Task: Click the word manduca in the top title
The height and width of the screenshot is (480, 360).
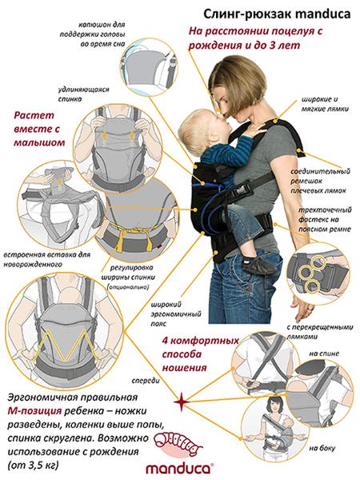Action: (x=319, y=14)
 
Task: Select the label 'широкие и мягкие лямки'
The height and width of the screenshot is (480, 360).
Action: (x=325, y=104)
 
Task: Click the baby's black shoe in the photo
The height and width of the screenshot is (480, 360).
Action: (x=258, y=266)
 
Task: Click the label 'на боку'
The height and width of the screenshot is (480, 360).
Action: (x=322, y=448)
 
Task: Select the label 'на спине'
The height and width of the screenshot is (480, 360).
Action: (x=324, y=354)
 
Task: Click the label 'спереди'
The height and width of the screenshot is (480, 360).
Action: (x=146, y=381)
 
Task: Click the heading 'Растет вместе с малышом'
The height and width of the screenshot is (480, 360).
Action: (x=39, y=129)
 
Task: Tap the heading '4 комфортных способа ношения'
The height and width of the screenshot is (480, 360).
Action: (x=200, y=354)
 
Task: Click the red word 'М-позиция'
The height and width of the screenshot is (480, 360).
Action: (x=34, y=411)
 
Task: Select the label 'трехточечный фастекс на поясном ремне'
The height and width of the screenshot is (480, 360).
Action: (x=325, y=219)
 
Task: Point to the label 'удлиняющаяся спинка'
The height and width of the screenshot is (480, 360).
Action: (x=83, y=94)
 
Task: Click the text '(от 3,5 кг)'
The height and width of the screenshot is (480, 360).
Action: (x=33, y=466)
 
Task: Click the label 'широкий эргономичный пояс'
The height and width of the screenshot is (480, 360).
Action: (x=176, y=314)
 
